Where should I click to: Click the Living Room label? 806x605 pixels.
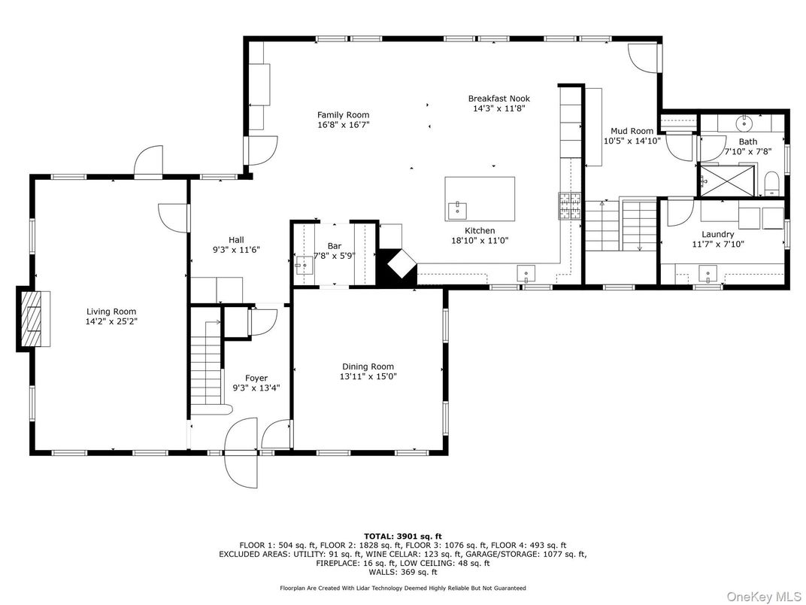click(x=111, y=311)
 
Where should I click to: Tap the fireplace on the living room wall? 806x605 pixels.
click(x=32, y=320)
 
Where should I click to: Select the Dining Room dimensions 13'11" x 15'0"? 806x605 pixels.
click(x=368, y=376)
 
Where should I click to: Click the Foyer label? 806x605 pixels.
click(x=256, y=378)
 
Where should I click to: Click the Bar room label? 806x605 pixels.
click(x=335, y=245)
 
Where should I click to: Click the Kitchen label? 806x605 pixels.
click(x=480, y=230)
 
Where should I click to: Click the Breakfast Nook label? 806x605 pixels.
click(x=498, y=99)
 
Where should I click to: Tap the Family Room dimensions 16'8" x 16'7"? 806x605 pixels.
click(x=343, y=125)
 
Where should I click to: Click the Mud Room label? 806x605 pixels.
click(x=632, y=130)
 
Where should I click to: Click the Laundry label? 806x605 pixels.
click(x=717, y=234)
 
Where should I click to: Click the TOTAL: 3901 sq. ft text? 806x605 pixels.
click(x=403, y=536)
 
